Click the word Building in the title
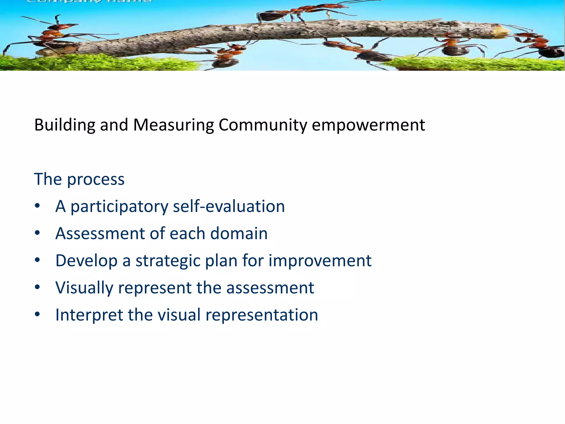coord(65,125)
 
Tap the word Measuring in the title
coord(174,125)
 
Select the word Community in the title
coord(263,125)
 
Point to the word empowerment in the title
coord(368,125)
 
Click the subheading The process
coord(79,179)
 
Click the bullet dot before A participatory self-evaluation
coord(38,206)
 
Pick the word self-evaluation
coord(229,206)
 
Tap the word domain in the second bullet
coord(239,234)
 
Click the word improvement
coord(320,261)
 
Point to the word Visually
coord(84,288)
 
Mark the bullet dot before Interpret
coord(38,314)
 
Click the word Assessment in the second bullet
coord(100,234)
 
